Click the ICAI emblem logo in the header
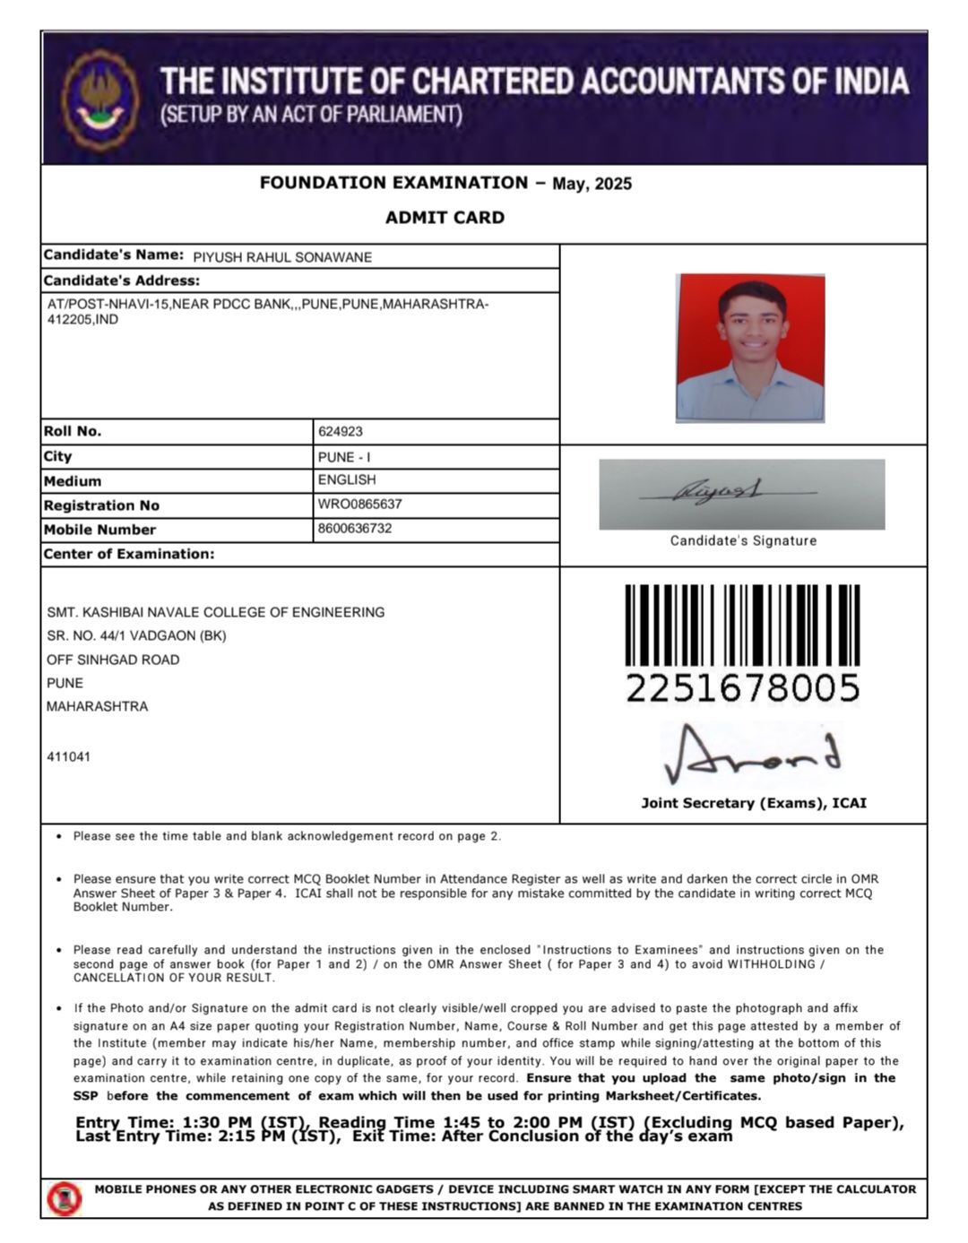[100, 99]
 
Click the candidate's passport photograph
[750, 348]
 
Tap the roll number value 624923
[341, 431]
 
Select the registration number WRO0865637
[359, 504]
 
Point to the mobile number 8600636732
[355, 528]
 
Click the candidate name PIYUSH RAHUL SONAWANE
[282, 257]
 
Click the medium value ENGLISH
[347, 479]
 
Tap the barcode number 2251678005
[742, 688]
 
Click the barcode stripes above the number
[742, 625]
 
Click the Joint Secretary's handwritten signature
[751, 755]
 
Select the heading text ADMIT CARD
[445, 217]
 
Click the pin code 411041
[68, 756]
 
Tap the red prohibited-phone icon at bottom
[65, 1198]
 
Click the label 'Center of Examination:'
[129, 554]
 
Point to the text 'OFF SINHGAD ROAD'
[113, 660]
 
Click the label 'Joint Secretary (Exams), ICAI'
[754, 803]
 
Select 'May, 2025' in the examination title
[592, 184]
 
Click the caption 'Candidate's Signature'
[743, 540]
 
